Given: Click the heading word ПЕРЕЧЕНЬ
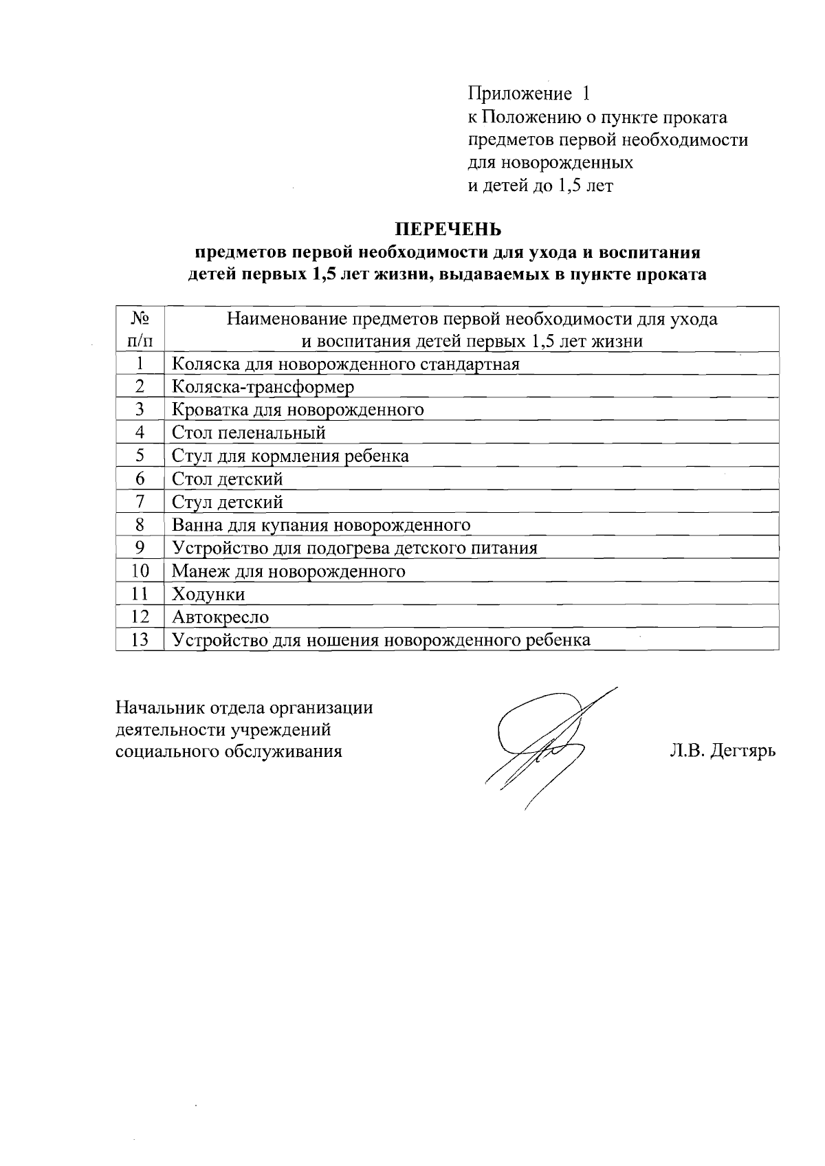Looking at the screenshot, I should [x=448, y=228].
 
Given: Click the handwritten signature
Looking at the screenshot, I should [x=543, y=742].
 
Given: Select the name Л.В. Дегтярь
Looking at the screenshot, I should [x=723, y=751].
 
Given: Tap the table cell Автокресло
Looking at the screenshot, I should [x=221, y=617].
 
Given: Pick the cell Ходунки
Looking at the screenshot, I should [x=208, y=594].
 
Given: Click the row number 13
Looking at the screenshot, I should [x=140, y=640].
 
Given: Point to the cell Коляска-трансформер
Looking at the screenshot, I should [x=263, y=386].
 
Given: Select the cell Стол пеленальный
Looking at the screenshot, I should [x=248, y=432].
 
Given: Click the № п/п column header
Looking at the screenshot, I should [x=140, y=329].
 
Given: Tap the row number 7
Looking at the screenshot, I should [x=140, y=502].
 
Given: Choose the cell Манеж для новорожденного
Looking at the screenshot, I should [x=288, y=571].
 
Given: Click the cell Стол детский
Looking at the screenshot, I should [x=227, y=478].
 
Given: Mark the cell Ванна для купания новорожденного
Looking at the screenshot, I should [x=321, y=525].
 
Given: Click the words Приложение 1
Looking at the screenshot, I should [x=529, y=93].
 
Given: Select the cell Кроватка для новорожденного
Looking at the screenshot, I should [x=298, y=410].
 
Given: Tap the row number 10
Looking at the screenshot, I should [x=140, y=571].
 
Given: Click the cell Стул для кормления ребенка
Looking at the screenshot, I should [x=290, y=456].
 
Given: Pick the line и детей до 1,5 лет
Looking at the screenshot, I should [x=540, y=186].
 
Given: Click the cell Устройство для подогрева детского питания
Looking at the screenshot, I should [x=354, y=548].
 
